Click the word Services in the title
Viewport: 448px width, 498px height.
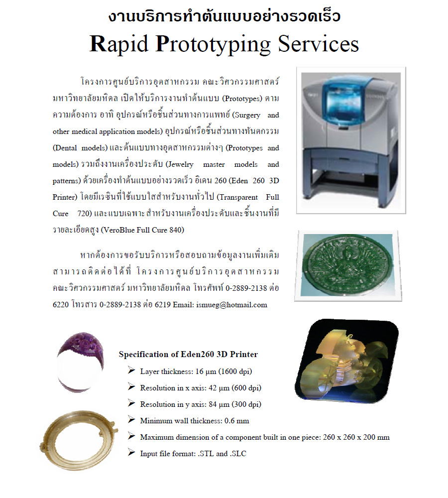click(318, 44)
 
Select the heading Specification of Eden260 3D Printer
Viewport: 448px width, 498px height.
click(188, 355)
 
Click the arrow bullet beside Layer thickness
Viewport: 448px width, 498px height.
click(131, 371)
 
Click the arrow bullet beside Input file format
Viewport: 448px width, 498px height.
click(131, 453)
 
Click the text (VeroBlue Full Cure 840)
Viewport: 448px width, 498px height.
click(143, 230)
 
